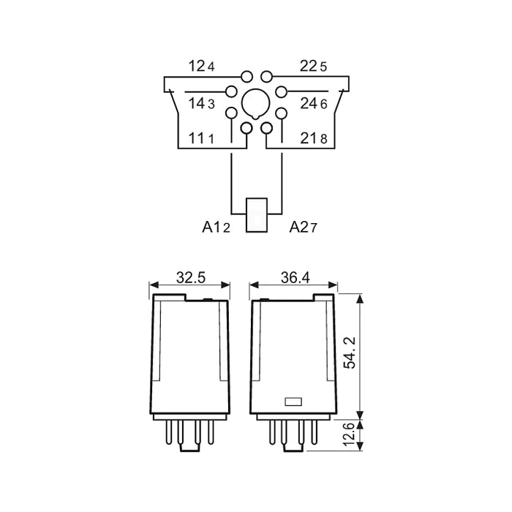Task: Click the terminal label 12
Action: point(197,67)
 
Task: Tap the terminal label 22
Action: point(309,67)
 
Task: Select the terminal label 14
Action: point(197,104)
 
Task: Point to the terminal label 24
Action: point(309,104)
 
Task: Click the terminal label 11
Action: point(197,138)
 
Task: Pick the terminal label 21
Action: point(309,138)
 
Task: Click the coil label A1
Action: point(212,227)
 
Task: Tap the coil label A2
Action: point(298,227)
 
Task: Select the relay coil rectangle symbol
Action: point(257,215)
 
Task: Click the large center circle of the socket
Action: point(256,104)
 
